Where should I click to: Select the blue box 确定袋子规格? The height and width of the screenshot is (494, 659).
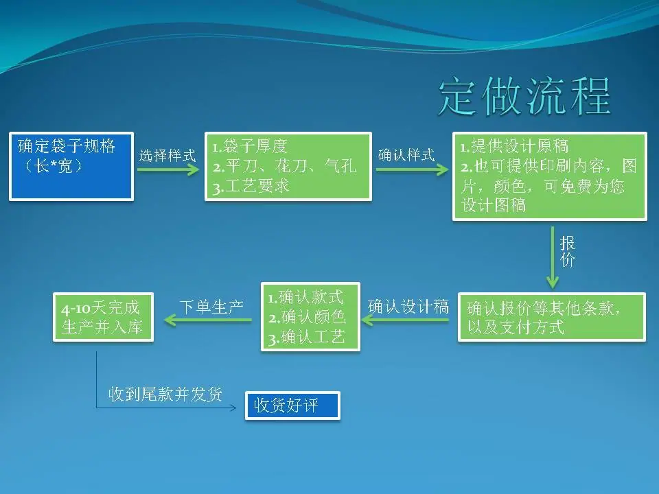pyautogui.click(x=71, y=166)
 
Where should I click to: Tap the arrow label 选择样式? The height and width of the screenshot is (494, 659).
pyautogui.click(x=167, y=155)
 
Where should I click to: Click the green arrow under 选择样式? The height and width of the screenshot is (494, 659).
pyautogui.click(x=167, y=169)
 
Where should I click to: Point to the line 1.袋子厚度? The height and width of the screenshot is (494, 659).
pyautogui.click(x=250, y=146)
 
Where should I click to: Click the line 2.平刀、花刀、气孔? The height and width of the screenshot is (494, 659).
pyautogui.click(x=284, y=166)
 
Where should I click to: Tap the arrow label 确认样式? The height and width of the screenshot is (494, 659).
pyautogui.click(x=406, y=155)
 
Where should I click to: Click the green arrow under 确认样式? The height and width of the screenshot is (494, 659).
pyautogui.click(x=408, y=169)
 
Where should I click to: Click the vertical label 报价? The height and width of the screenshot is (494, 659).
pyautogui.click(x=568, y=251)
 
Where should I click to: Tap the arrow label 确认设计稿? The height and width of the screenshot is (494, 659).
pyautogui.click(x=408, y=307)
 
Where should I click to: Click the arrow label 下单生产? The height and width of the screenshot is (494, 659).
pyautogui.click(x=211, y=307)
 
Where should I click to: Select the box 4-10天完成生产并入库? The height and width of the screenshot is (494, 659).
pyautogui.click(x=103, y=317)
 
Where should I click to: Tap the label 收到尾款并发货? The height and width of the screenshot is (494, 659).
pyautogui.click(x=165, y=395)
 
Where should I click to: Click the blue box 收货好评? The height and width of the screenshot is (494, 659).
pyautogui.click(x=292, y=405)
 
